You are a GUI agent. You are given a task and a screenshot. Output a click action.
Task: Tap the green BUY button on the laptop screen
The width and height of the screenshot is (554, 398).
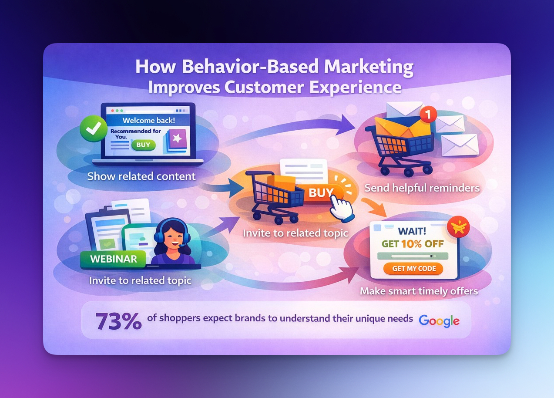143,145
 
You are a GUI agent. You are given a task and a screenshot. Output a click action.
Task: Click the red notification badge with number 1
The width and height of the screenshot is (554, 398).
429,115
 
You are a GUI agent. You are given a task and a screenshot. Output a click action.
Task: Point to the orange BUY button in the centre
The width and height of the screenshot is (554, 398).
321,192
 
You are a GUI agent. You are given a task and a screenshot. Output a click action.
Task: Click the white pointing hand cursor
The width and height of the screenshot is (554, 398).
342,207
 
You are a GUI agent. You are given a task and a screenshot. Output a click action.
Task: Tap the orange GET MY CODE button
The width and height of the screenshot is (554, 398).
413,269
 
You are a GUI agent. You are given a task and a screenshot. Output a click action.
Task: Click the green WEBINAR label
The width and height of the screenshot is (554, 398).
114,259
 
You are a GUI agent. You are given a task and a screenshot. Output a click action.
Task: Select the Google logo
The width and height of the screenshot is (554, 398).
439,321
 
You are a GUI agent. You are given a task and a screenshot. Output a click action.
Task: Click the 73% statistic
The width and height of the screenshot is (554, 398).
118,321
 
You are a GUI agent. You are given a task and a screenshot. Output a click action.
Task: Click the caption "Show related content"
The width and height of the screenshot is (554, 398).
141,176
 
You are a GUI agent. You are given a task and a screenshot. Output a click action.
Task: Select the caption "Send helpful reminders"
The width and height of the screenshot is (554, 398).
422,188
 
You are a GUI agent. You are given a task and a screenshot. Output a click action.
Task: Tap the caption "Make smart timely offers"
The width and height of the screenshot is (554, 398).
419,291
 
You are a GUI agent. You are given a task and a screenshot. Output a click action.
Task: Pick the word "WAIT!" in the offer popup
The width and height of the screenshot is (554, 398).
412,229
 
